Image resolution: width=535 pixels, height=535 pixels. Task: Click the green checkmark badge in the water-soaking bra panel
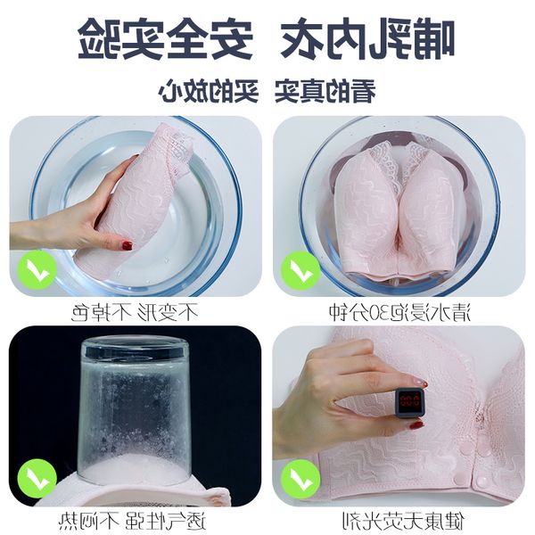pos(300,270)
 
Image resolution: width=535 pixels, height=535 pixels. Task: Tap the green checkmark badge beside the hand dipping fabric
pos(37,270)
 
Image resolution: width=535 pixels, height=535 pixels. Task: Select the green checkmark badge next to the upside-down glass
pos(37,479)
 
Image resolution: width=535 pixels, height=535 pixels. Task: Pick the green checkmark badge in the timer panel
pos(300,479)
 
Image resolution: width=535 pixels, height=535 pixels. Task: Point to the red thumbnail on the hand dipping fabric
pos(128,245)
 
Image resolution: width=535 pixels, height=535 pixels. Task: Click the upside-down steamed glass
pos(134,409)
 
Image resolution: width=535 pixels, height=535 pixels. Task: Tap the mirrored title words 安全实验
pos(166,38)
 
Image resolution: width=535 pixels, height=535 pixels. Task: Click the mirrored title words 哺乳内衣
pos(367,38)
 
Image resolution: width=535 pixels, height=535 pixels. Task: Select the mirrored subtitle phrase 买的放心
pos(208,91)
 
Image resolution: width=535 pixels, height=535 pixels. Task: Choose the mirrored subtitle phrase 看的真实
pos(325,91)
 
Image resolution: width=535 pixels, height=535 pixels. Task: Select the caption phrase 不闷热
pos(88,521)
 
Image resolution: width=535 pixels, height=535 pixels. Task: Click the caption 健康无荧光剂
pos(403,521)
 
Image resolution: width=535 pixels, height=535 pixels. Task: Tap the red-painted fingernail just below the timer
pos(416,424)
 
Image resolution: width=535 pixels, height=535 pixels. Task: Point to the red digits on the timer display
pos(409,400)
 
